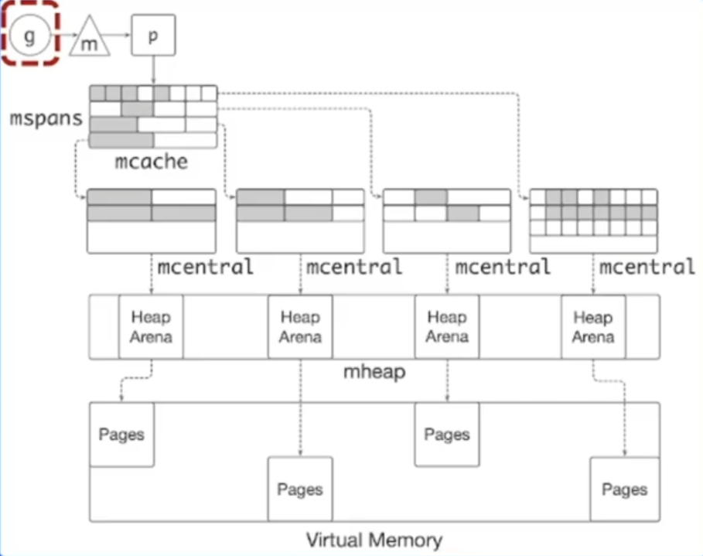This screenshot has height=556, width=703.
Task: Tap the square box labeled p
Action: pyautogui.click(x=152, y=36)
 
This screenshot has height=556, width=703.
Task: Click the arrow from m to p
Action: pyautogui.click(x=119, y=36)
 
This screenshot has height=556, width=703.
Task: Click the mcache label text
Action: pyautogui.click(x=152, y=162)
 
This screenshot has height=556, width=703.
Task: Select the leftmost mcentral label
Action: pyautogui.click(x=205, y=268)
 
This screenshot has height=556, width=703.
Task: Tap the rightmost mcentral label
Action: pyautogui.click(x=647, y=268)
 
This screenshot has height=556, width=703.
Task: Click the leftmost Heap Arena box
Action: pyautogui.click(x=151, y=326)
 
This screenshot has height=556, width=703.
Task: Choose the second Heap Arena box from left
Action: pyautogui.click(x=300, y=326)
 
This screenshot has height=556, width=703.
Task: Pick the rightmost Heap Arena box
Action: pyautogui.click(x=593, y=326)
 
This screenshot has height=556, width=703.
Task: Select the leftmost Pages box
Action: pyautogui.click(x=121, y=434)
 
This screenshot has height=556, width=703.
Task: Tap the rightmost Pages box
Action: pyautogui.click(x=623, y=489)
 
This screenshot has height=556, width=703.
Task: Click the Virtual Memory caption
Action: pyautogui.click(x=374, y=539)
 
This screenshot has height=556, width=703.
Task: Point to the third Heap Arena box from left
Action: pyautogui.click(x=447, y=326)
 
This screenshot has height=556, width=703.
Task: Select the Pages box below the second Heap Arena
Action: pyautogui.click(x=300, y=489)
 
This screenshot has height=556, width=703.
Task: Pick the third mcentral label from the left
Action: pyautogui.click(x=503, y=268)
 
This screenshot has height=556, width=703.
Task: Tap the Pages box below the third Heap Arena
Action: pyautogui.click(x=447, y=434)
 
